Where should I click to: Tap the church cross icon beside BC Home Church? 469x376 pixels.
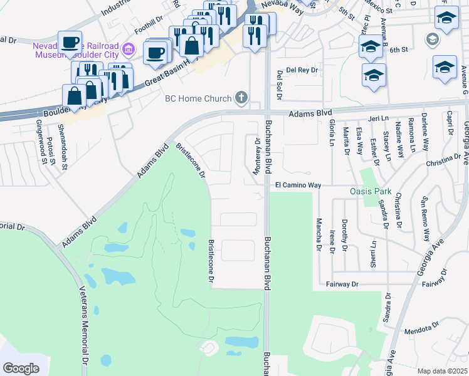pos(240,97)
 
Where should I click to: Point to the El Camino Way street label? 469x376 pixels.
pos(298,185)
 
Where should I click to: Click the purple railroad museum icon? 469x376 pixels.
pos(129,48)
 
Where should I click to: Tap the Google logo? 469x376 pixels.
pos(21,368)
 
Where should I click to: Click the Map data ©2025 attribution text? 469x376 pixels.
pos(442,371)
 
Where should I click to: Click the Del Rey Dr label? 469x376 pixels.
pos(302,70)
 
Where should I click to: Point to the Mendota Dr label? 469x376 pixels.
pos(423,328)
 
